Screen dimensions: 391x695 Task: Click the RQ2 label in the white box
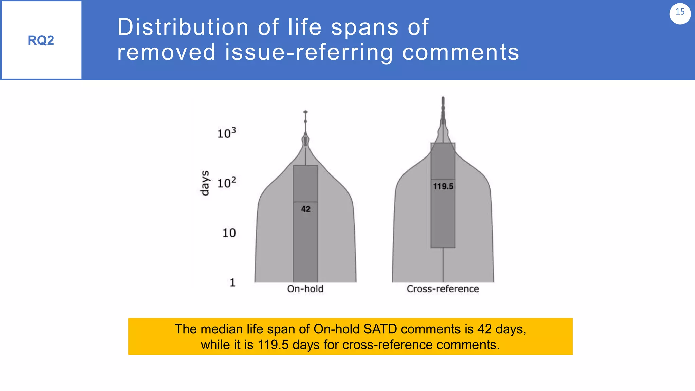[x=41, y=40]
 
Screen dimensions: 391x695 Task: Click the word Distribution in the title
[x=183, y=27]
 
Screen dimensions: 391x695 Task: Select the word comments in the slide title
[x=461, y=52]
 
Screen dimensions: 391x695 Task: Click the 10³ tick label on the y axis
[x=226, y=133]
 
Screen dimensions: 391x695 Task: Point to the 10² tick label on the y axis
[x=226, y=183]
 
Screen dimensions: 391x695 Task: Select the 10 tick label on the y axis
[x=229, y=233]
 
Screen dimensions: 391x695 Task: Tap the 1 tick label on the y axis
[x=232, y=282]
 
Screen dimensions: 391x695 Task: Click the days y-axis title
[x=205, y=183]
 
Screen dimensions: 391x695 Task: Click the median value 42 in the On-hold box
[x=306, y=209]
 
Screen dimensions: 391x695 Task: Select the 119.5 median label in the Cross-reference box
[x=443, y=186]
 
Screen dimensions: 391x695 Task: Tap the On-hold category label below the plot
[x=305, y=289]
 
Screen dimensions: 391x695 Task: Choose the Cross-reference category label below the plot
[x=443, y=289]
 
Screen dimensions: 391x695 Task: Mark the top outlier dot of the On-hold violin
[x=305, y=112]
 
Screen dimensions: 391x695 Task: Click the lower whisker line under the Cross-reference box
[x=443, y=265]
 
